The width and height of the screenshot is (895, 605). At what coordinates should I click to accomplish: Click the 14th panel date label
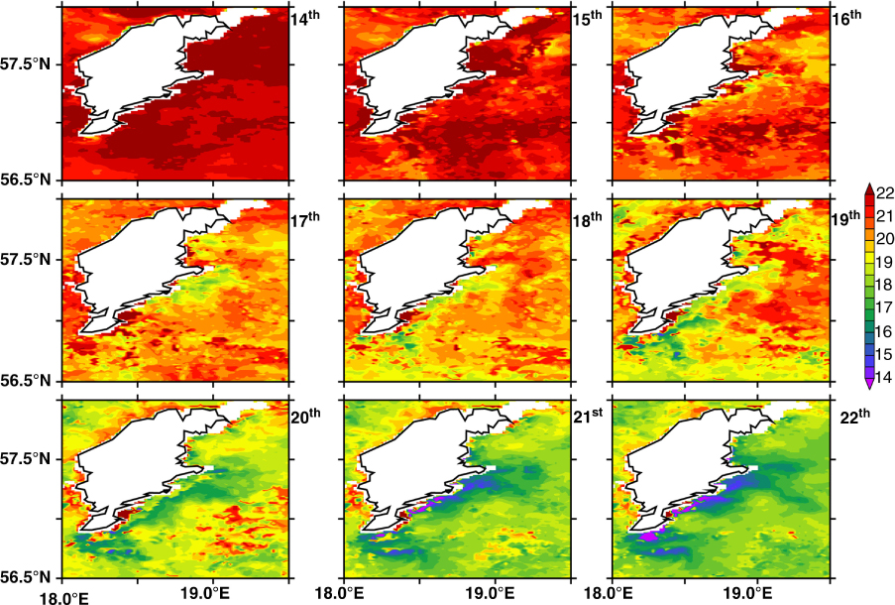point(305,16)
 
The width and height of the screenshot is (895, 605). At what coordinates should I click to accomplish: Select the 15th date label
point(588,16)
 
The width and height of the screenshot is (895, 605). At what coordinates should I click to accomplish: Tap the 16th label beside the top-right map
point(847,16)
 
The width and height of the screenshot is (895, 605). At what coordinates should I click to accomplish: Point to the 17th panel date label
point(305,218)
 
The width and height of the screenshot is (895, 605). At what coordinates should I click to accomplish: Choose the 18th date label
point(588,218)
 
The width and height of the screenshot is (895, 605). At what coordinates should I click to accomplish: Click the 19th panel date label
point(845,217)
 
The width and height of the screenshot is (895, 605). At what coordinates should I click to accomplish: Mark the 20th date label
point(306,416)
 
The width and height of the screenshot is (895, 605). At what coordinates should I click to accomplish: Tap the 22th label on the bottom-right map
point(855,415)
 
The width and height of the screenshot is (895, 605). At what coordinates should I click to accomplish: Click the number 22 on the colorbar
point(885,193)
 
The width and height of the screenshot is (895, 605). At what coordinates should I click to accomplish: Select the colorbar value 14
point(885,378)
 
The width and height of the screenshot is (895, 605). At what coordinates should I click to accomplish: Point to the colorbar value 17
point(885,308)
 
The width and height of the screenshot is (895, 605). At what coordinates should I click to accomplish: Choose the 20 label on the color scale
point(885,239)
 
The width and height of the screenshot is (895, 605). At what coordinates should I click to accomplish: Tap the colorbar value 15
point(885,355)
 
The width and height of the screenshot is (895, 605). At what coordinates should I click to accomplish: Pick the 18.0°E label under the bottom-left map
point(63,598)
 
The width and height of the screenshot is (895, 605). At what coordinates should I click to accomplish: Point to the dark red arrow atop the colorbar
point(869,188)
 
